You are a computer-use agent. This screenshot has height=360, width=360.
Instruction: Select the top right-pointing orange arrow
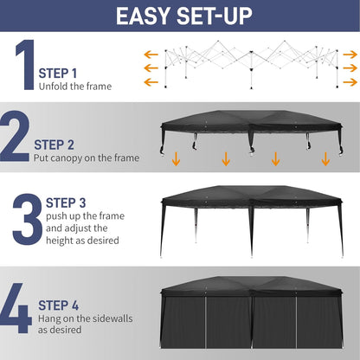point(350,53)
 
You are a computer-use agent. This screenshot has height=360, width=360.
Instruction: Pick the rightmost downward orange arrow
point(325,158)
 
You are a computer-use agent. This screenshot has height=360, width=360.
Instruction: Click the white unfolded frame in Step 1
point(251,67)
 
